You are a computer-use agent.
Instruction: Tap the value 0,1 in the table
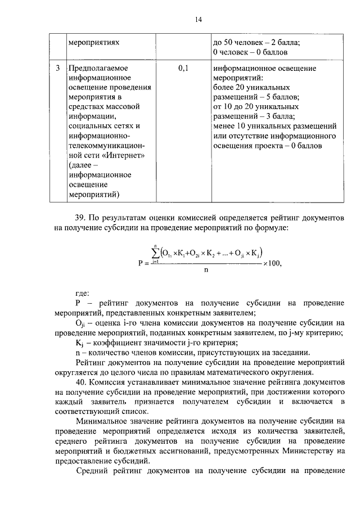pos(184,69)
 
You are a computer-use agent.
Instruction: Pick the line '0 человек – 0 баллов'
pos(251,52)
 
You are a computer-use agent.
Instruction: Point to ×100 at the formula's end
pos(272,263)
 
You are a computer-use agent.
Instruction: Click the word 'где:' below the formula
pos(83,292)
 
